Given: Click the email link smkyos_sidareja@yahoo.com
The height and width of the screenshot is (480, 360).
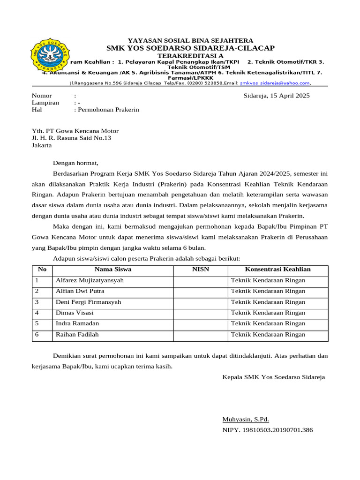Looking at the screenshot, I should (275, 83).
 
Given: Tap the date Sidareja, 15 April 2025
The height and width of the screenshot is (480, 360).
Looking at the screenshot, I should (277, 96).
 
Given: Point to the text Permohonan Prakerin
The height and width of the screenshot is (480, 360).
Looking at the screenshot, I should (108, 110).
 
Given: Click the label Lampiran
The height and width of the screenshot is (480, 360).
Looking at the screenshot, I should (45, 103).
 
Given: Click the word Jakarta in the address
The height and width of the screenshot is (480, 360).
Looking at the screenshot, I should (42, 145).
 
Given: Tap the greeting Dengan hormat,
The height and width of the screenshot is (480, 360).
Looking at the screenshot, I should (75, 163).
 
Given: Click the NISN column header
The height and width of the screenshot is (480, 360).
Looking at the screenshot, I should (201, 270).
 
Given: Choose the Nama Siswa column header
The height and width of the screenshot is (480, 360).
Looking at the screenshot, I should (113, 270).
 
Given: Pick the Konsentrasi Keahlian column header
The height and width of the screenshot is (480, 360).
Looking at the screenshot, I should (277, 270).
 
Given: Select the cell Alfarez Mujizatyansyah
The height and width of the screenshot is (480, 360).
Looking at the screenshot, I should (90, 280).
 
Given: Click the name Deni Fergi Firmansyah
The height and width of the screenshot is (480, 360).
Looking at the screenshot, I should (88, 302).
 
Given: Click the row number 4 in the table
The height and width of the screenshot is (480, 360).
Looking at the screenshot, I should (37, 313).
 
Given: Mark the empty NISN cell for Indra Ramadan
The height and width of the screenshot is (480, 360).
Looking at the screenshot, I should (201, 323).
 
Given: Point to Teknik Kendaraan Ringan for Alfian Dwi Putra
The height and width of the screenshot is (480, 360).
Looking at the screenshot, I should (268, 291).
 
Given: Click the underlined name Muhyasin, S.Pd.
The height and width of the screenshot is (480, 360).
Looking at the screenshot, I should (246, 420).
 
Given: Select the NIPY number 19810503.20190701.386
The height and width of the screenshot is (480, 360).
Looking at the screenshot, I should (268, 430).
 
